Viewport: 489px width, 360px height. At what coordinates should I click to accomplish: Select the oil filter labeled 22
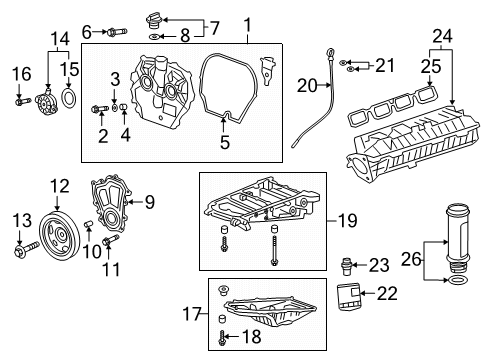pyautogui.click(x=347, y=296)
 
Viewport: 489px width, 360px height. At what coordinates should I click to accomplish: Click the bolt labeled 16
pyautogui.click(x=20, y=98)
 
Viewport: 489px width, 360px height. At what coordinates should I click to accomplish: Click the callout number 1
pyautogui.click(x=248, y=22)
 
